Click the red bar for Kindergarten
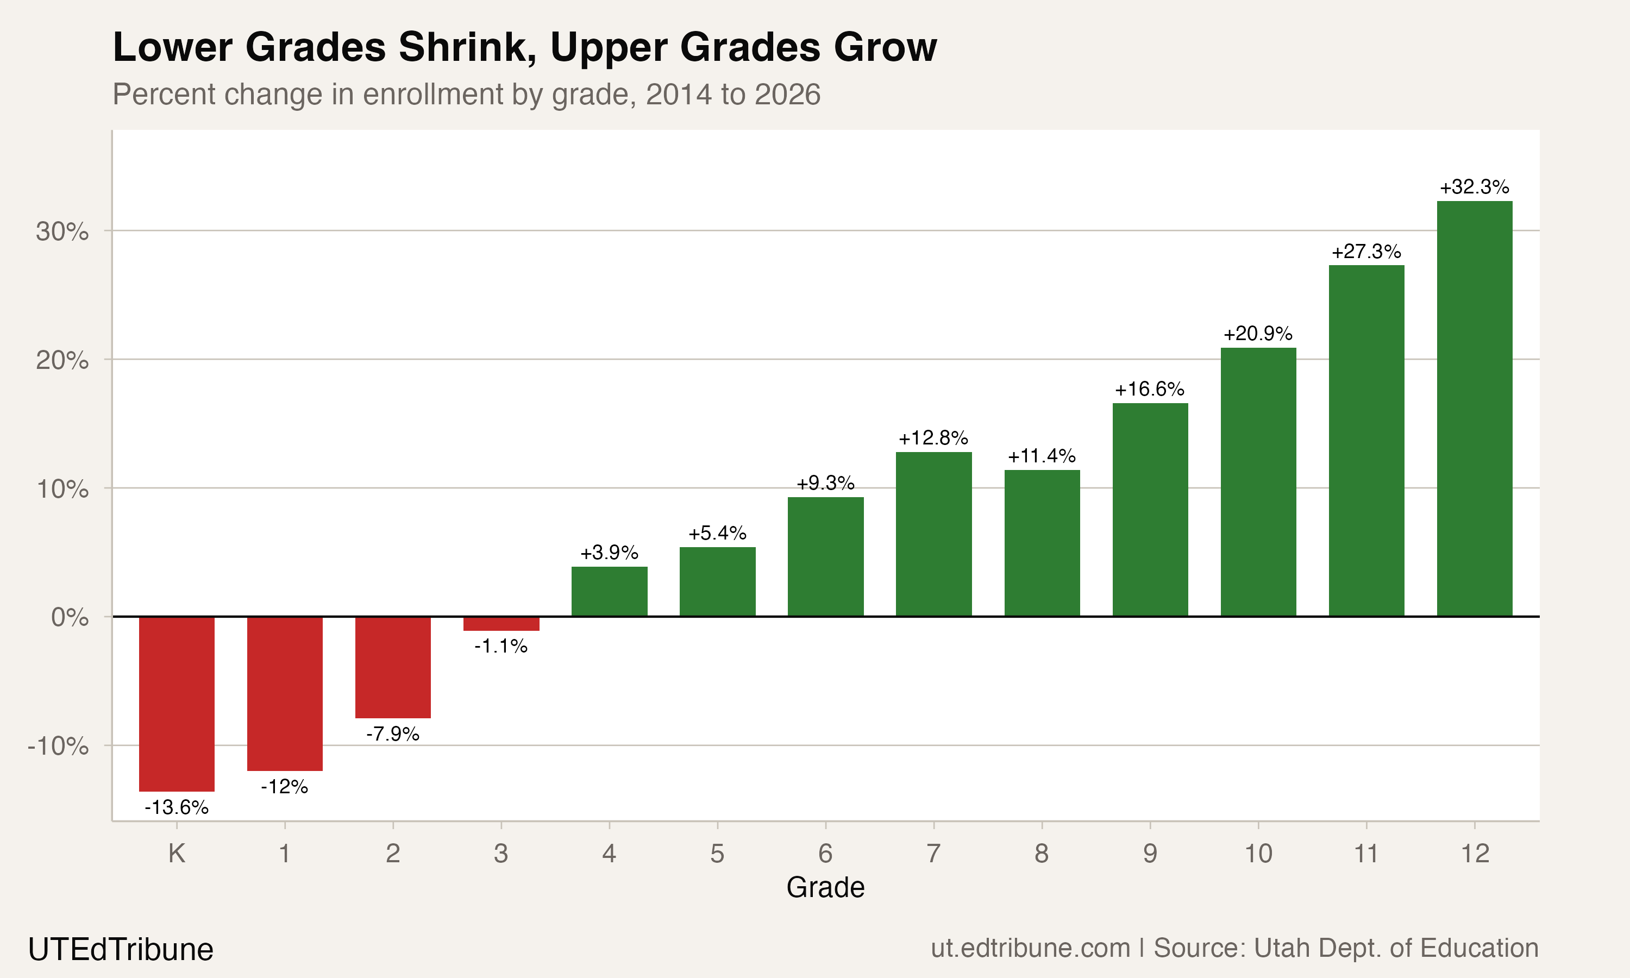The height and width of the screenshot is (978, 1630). pos(177,703)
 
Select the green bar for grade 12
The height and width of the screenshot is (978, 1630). pos(1475,409)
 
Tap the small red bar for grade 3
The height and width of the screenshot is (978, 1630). pos(501,623)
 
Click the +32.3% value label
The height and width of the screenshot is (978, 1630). pos(1475,187)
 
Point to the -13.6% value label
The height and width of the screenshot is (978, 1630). pos(177,807)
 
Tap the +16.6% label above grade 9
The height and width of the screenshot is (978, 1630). pos(1150,389)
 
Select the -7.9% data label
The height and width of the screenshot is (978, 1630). pos(393,733)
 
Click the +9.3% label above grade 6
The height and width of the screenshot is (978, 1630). pos(825,483)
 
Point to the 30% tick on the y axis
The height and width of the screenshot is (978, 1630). pos(62,231)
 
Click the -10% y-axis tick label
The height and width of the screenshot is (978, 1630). pos(58,746)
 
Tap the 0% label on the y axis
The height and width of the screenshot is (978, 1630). pos(70,618)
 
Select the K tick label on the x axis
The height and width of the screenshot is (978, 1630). pos(177,854)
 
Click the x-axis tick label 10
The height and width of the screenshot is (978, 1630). pos(1258,854)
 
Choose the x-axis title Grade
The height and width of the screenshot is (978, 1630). pos(825,887)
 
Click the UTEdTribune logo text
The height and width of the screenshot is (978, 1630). pos(121,949)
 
